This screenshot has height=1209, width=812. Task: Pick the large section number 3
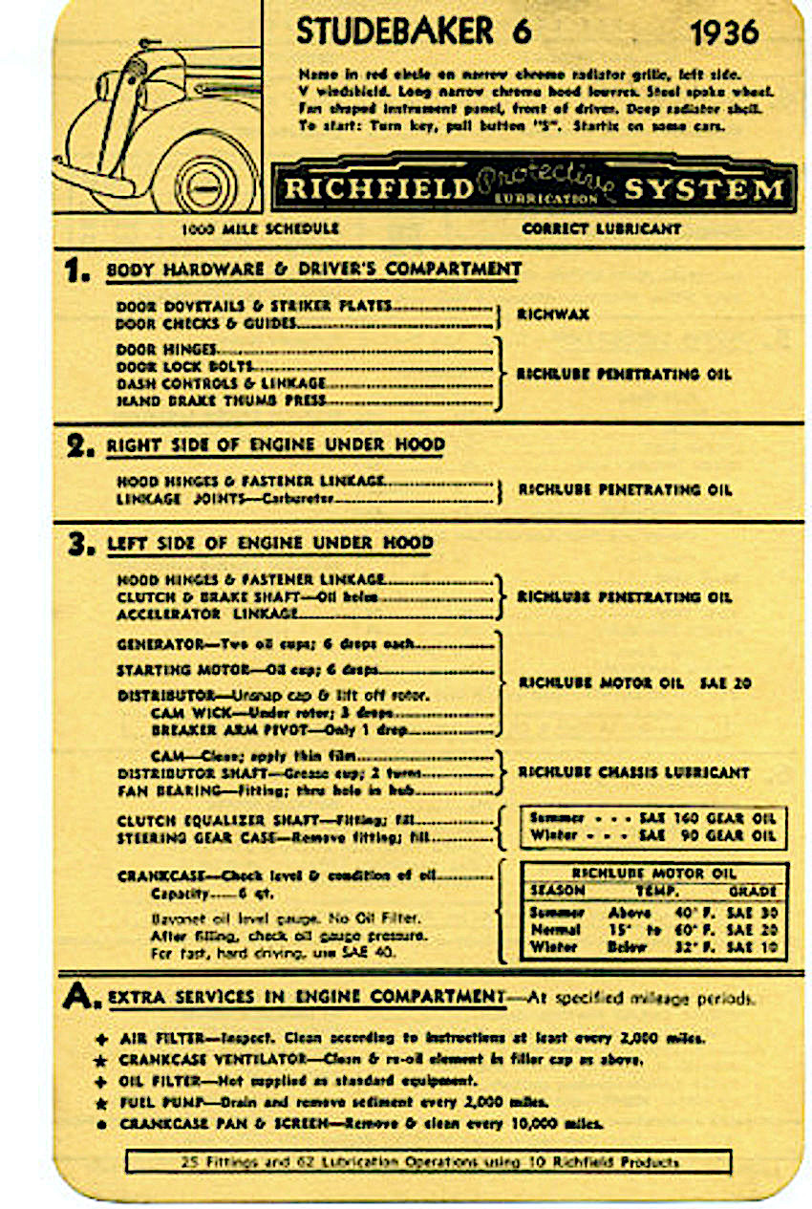point(80,545)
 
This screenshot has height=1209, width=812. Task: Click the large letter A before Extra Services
point(78,997)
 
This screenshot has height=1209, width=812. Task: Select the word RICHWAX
point(552,314)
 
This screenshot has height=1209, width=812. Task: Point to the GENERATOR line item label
point(160,644)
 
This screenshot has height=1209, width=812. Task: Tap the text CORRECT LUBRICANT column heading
point(601,229)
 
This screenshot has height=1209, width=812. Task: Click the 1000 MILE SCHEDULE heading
point(259,229)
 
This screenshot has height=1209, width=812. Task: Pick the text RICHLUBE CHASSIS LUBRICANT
point(633,772)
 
